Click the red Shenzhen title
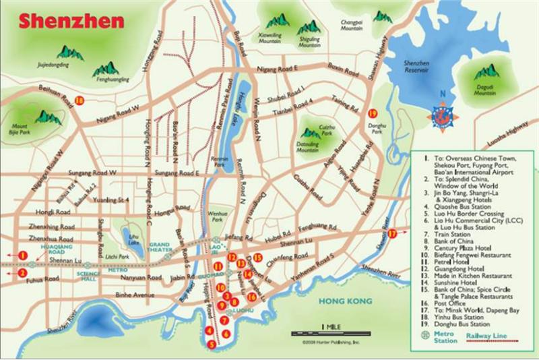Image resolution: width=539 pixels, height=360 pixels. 72,20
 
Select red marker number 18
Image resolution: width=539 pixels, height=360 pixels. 80,100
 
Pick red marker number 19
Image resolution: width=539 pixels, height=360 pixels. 372,113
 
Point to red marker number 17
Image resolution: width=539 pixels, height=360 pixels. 392,233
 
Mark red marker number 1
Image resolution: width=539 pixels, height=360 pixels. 22,255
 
